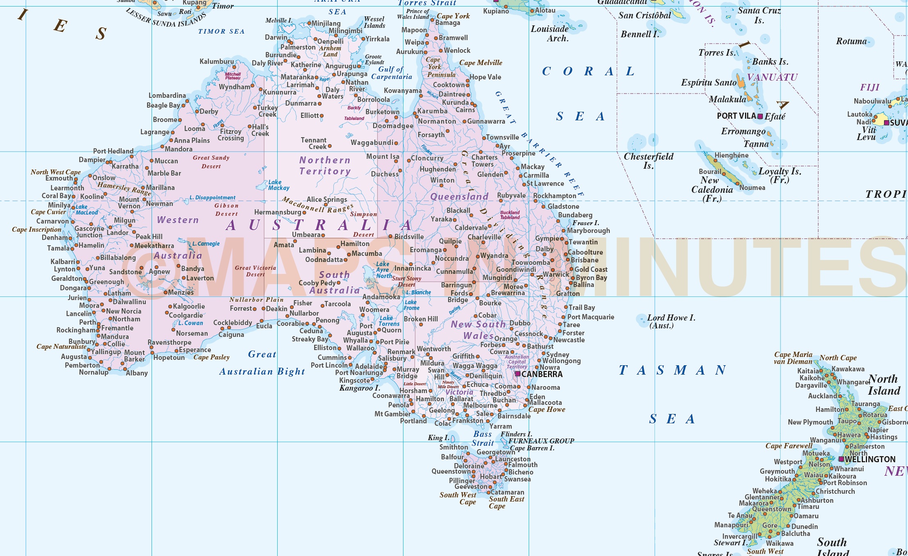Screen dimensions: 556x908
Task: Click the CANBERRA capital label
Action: click(x=542, y=374)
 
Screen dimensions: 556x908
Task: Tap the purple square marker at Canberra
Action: click(x=518, y=374)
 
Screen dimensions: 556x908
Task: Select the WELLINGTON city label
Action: click(x=870, y=459)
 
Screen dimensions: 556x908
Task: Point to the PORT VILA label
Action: click(x=736, y=116)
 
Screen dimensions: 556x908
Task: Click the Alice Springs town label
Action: click(x=326, y=199)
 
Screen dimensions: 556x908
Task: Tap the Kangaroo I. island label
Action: click(x=360, y=388)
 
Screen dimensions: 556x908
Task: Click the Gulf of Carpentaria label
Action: click(x=392, y=73)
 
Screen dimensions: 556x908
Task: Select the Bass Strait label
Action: click(x=482, y=438)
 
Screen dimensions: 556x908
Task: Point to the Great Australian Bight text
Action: click(x=262, y=363)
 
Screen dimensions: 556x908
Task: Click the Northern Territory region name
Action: click(x=325, y=166)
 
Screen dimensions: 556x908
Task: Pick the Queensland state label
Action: click(x=459, y=197)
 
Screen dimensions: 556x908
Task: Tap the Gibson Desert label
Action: click(x=226, y=210)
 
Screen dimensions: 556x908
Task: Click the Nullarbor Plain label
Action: click(x=256, y=300)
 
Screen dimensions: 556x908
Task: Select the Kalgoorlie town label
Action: click(x=189, y=306)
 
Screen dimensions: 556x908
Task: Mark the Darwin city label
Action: click(x=276, y=37)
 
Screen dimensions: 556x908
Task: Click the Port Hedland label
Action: click(x=113, y=151)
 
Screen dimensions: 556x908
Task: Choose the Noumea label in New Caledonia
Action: click(x=752, y=188)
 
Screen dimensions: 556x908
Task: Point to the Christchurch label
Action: click(x=835, y=491)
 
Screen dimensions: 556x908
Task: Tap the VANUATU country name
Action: click(x=772, y=77)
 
